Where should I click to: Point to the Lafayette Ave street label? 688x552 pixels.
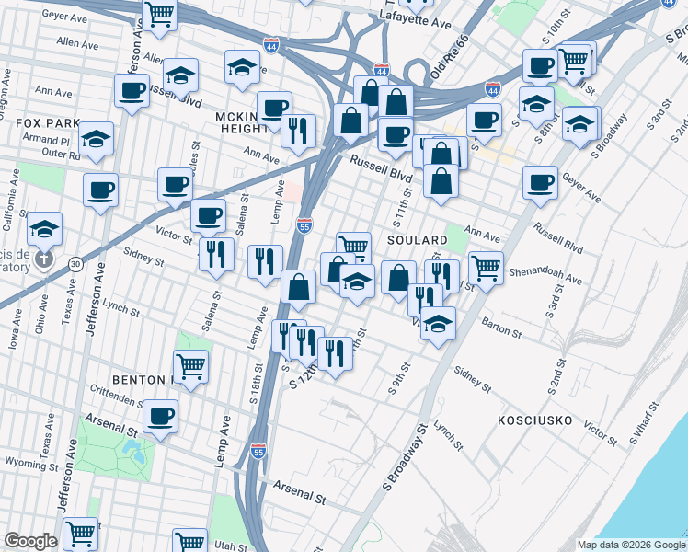(x=446, y=18)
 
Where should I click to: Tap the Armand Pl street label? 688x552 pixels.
(x=40, y=140)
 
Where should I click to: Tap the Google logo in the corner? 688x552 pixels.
(x=30, y=541)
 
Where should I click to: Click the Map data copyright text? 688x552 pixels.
(x=630, y=545)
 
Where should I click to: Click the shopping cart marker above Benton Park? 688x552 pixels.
(x=190, y=366)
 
